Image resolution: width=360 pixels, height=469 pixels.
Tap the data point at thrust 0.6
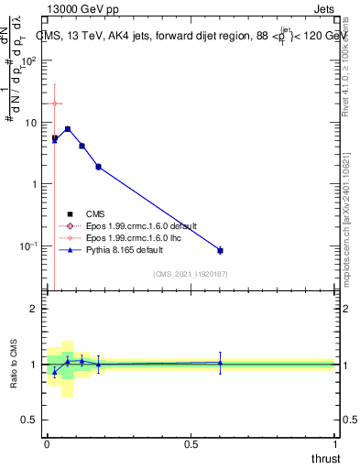[220, 250]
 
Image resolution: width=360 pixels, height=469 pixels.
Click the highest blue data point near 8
[68, 129]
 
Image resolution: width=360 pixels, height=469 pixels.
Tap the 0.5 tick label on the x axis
[191, 443]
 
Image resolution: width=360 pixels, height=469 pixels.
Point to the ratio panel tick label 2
[32, 309]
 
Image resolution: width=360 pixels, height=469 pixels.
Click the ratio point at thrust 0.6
[220, 363]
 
